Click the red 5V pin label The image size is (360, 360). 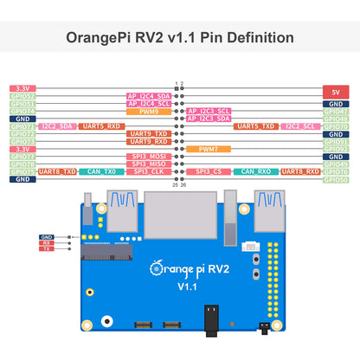pyautogui.click(x=335, y=91)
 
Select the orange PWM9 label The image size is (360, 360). pyautogui.click(x=143, y=111)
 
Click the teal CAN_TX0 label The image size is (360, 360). pyautogui.click(x=100, y=171)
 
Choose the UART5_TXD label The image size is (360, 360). pyautogui.click(x=254, y=126)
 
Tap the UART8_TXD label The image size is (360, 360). pyautogui.click(x=57, y=171)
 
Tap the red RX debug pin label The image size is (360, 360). pyautogui.click(x=47, y=243)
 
